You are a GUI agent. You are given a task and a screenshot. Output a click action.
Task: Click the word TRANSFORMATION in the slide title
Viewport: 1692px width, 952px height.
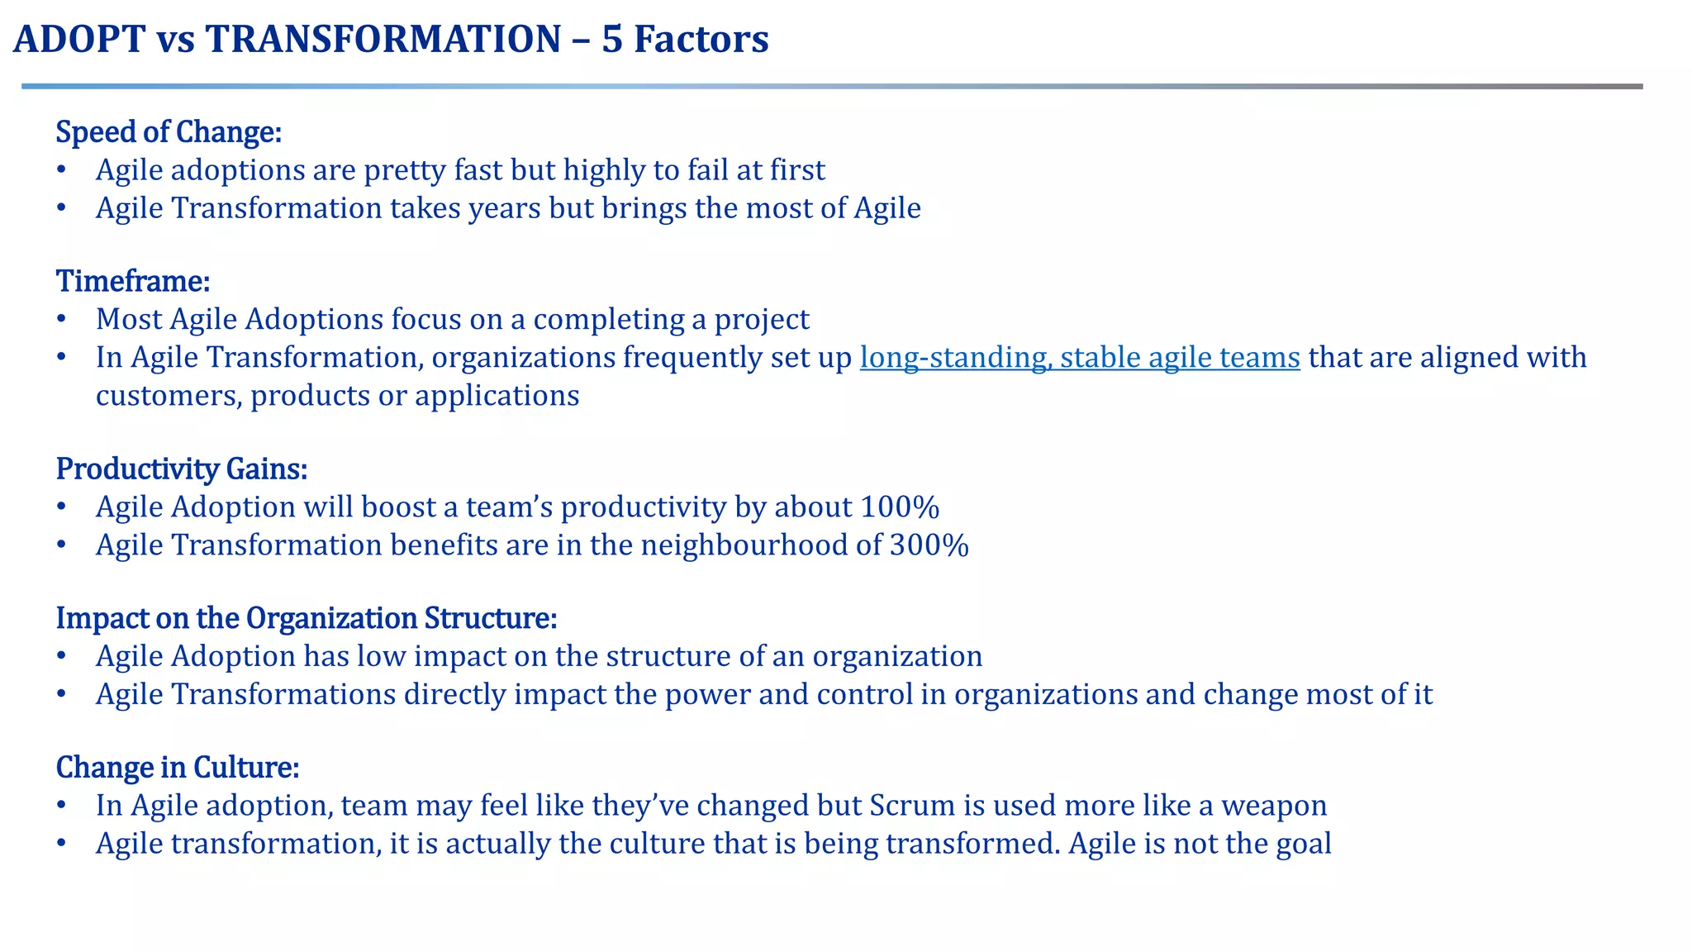pos(383,40)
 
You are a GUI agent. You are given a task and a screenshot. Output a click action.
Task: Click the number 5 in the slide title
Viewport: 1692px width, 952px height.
pos(611,40)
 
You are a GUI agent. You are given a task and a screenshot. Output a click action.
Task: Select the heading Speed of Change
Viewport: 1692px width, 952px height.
pos(169,132)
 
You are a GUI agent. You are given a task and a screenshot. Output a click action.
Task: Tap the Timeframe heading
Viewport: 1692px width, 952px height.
pos(133,282)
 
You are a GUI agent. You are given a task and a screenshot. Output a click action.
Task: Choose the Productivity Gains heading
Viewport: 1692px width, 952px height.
pos(182,469)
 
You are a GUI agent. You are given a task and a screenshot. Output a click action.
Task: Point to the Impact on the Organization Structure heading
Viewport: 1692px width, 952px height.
pos(307,618)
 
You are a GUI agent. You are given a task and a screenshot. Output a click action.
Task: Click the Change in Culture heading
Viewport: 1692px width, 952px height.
pos(177,768)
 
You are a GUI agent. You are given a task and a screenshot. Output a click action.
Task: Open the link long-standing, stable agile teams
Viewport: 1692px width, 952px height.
pos(1079,357)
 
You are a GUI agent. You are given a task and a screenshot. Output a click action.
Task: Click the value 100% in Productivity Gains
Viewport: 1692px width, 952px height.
pos(900,507)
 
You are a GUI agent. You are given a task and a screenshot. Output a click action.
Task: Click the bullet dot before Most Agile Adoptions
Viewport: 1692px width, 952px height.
pos(61,320)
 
